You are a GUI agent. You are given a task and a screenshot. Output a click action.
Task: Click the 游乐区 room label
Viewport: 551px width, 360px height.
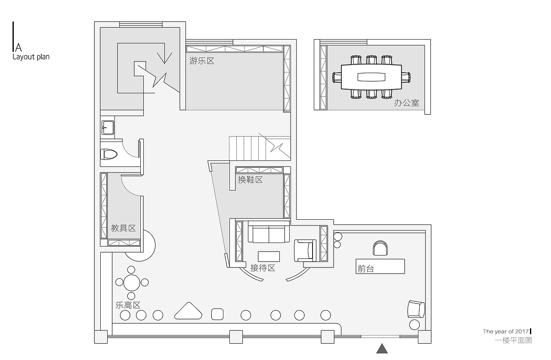click(x=202, y=61)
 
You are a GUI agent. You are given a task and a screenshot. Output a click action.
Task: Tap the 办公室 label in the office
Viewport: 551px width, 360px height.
click(x=407, y=103)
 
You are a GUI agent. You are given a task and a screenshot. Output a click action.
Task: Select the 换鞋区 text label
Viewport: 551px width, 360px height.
click(x=250, y=180)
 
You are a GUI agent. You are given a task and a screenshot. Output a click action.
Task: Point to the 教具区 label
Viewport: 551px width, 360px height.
click(x=123, y=228)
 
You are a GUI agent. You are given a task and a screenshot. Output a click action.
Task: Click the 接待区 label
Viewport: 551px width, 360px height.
click(x=263, y=268)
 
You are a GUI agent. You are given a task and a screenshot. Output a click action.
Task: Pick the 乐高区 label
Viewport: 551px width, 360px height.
click(x=128, y=305)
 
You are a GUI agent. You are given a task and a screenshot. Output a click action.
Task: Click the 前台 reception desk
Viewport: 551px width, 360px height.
click(x=380, y=266)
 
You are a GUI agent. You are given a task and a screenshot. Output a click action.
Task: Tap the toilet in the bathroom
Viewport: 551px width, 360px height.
click(x=108, y=154)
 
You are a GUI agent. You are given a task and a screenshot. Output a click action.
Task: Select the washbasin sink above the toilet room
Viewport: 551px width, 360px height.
click(x=108, y=128)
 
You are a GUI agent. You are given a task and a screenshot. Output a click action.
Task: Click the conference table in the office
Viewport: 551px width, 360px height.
click(x=371, y=77)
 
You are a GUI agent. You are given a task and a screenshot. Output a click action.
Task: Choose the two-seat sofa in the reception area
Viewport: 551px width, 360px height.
click(x=269, y=232)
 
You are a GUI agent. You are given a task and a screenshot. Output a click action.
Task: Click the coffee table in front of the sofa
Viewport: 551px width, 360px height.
click(x=269, y=256)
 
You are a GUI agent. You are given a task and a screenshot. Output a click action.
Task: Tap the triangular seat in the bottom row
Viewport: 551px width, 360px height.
click(x=189, y=311)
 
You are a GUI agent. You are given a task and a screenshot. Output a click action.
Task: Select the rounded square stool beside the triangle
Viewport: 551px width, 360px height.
click(x=217, y=314)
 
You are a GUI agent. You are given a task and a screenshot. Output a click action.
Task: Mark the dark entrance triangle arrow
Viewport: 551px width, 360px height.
click(x=382, y=349)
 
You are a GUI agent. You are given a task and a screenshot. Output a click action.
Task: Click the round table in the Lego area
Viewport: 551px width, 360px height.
click(x=132, y=283)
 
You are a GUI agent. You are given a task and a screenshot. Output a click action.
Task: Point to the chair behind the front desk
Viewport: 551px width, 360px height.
click(x=380, y=248)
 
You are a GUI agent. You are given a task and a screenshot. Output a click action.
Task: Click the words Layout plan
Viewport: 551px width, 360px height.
click(x=31, y=57)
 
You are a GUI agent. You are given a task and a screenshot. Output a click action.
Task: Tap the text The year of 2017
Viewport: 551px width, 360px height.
click(x=506, y=332)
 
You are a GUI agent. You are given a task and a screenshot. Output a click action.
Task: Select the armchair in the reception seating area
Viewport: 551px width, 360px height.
click(x=305, y=250)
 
